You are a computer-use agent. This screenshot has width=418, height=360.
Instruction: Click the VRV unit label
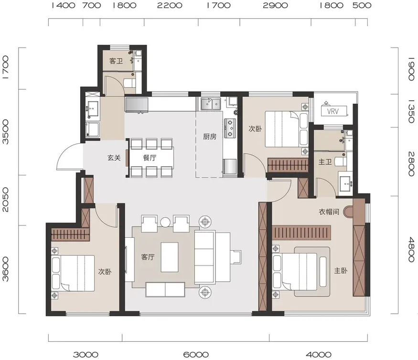332,111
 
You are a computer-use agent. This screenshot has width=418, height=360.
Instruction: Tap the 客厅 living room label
148,257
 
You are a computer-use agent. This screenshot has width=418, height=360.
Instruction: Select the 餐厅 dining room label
150,158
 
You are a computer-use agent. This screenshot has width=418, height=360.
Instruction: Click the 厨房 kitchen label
210,137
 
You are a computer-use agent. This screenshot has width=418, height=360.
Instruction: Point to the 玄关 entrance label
114,158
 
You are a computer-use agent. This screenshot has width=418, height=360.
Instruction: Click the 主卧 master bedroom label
341,271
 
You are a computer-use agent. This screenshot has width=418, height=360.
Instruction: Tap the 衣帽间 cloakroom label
329,212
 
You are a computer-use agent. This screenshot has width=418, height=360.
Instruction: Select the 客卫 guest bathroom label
116,61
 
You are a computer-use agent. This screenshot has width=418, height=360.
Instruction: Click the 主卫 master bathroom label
325,162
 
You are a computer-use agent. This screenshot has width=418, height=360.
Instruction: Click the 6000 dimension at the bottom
196,355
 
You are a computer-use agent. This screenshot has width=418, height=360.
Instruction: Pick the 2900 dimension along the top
275,5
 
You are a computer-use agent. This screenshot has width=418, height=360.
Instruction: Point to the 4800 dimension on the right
411,250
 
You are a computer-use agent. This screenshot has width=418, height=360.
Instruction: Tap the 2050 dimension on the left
5,200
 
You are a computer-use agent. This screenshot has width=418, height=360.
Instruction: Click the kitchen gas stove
230,128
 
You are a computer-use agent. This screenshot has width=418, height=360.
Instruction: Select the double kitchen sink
211,104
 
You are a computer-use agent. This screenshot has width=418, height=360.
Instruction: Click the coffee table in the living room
170,257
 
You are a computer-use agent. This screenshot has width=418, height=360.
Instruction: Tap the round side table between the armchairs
165,222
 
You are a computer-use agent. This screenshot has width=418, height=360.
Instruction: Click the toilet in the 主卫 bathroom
341,162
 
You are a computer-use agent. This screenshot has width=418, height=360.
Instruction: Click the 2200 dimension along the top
170,5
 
